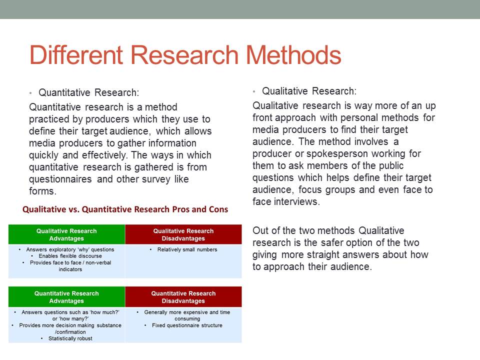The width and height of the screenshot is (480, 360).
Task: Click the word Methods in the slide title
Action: [293, 55]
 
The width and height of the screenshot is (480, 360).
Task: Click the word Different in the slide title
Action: [76, 55]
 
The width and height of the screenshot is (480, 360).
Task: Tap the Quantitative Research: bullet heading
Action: [89, 92]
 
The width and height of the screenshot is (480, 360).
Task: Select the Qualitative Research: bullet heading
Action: [309, 91]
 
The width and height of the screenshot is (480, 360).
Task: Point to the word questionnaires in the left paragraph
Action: [60, 179]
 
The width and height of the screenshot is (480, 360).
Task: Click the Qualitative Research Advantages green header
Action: [66, 234]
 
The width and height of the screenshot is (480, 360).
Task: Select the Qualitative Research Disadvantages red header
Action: [183, 234]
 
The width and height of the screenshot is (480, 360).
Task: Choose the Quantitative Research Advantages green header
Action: [66, 297]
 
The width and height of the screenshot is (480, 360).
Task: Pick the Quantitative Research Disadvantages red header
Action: [183, 297]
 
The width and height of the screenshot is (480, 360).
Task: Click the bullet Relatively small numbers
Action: [187, 249]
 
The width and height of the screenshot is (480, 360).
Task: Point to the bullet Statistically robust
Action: [70, 338]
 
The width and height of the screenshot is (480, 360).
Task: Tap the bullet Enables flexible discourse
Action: [70, 256]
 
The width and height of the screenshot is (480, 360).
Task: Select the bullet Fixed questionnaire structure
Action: [187, 325]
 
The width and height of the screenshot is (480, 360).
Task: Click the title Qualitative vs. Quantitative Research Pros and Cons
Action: [125, 209]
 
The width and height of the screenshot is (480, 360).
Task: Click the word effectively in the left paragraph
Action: [104, 155]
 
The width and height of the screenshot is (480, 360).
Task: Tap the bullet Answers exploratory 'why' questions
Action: [70, 249]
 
